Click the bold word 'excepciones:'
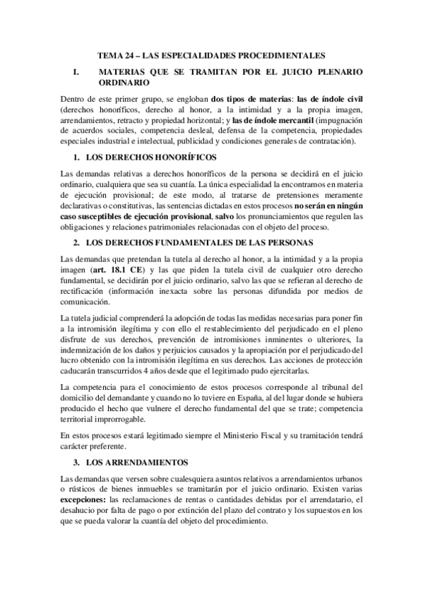pyautogui.click(x=83, y=499)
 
